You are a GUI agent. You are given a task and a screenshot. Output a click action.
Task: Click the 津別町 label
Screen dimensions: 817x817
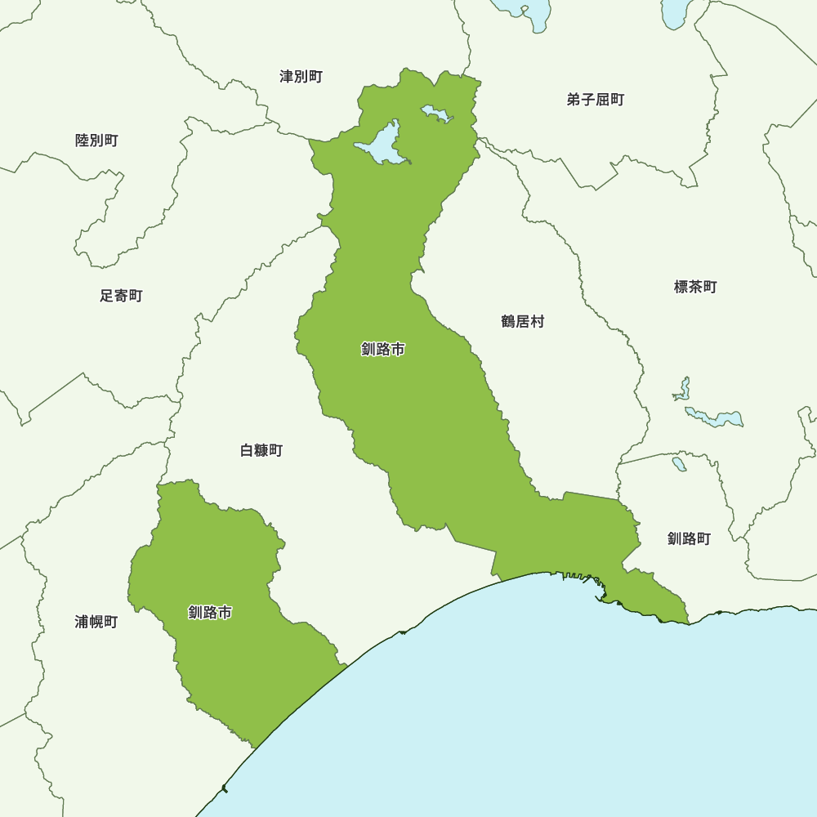pyautogui.click(x=301, y=77)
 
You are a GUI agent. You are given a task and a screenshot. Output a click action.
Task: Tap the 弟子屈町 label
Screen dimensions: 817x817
pyautogui.click(x=595, y=100)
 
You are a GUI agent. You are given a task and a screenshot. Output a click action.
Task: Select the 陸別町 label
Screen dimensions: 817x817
pyautogui.click(x=96, y=141)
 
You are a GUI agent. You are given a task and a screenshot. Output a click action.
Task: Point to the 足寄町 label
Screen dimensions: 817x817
pyautogui.click(x=121, y=296)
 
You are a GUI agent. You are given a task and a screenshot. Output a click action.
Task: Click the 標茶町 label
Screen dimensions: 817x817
pyautogui.click(x=695, y=287)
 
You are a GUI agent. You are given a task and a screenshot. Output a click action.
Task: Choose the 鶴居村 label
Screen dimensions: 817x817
pyautogui.click(x=522, y=322)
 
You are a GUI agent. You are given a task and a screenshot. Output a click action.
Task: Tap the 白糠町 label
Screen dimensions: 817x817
pyautogui.click(x=261, y=450)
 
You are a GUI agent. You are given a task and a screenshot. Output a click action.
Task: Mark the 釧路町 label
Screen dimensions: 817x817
pyautogui.click(x=689, y=538)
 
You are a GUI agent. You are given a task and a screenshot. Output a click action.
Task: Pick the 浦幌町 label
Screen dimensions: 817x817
pyautogui.click(x=96, y=622)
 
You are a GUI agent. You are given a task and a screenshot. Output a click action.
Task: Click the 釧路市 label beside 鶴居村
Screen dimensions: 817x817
pyautogui.click(x=382, y=350)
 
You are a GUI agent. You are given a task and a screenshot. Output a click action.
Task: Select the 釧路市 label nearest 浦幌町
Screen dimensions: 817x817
pyautogui.click(x=209, y=612)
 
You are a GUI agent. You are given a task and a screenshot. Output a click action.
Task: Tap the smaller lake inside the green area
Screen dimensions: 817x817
pyautogui.click(x=435, y=113)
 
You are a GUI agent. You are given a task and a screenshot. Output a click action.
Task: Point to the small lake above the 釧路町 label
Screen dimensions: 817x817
pyautogui.click(x=679, y=463)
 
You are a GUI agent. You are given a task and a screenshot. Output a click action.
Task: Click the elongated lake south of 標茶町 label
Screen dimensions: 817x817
pyautogui.click(x=716, y=417)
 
